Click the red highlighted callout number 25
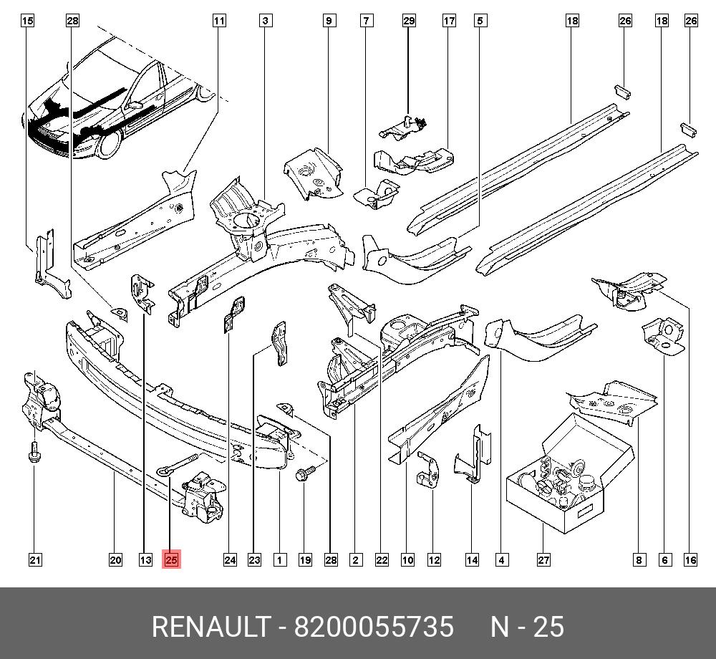(172, 560)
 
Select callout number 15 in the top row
(27, 21)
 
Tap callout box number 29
(409, 21)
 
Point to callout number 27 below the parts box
(543, 560)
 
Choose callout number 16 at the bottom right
(690, 560)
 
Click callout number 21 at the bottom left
(34, 560)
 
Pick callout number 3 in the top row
(265, 21)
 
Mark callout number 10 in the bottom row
(407, 560)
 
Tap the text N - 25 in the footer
(528, 627)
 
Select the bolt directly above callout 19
(302, 473)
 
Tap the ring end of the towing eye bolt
(163, 471)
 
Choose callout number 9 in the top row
(329, 21)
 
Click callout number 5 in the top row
(479, 21)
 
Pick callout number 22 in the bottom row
(382, 560)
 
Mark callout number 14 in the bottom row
(472, 560)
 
